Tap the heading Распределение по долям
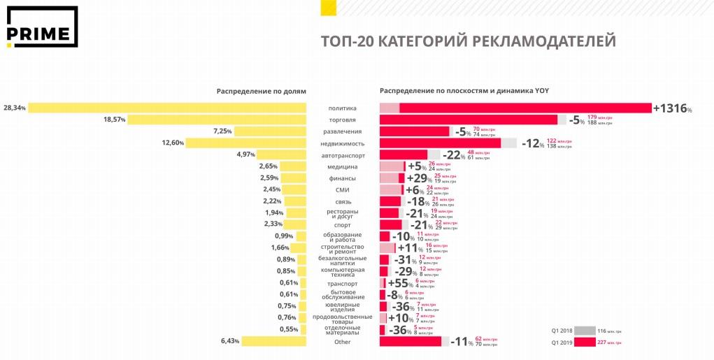click(262, 92)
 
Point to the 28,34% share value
click(15, 108)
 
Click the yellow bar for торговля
click(217, 120)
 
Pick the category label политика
click(343, 108)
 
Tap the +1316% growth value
click(672, 108)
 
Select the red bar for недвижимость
click(440, 143)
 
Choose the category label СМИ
click(343, 189)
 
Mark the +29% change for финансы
click(419, 178)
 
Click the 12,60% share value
click(172, 143)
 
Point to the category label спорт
click(343, 224)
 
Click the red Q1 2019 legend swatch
click(585, 342)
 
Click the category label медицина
click(343, 166)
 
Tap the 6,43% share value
click(230, 341)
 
